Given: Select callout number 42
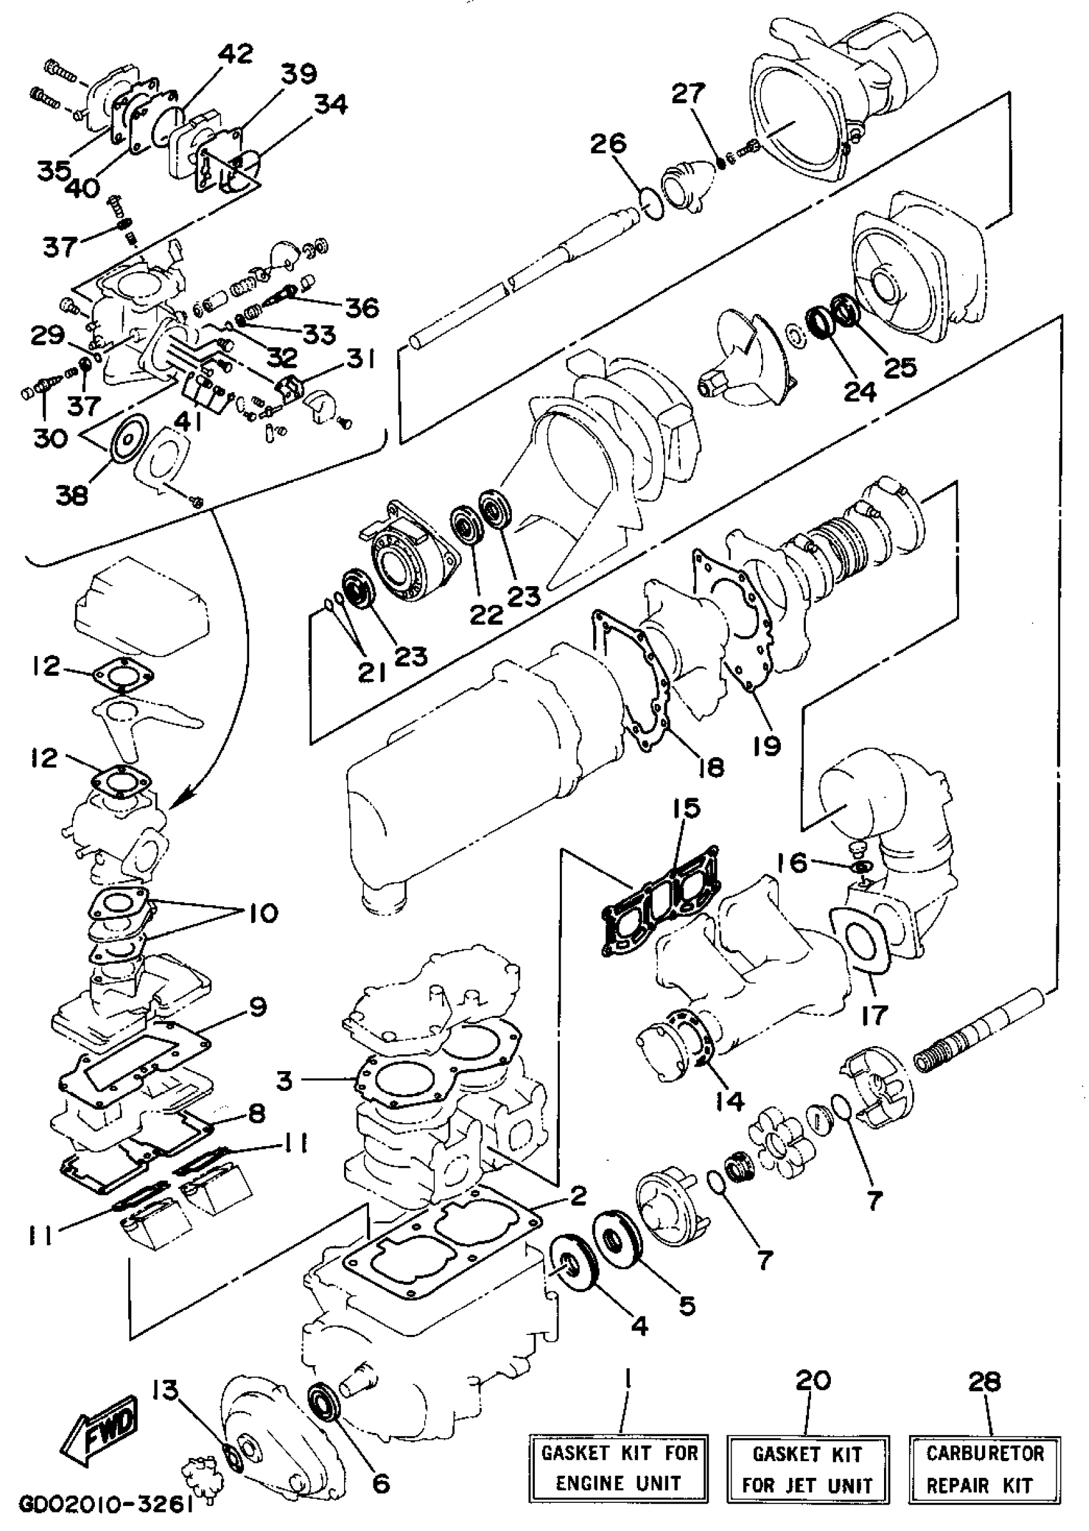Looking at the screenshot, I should point(235,54).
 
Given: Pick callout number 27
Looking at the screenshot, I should point(689,94).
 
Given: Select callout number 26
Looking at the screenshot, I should point(608,143).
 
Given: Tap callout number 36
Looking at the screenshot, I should point(362,308).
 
